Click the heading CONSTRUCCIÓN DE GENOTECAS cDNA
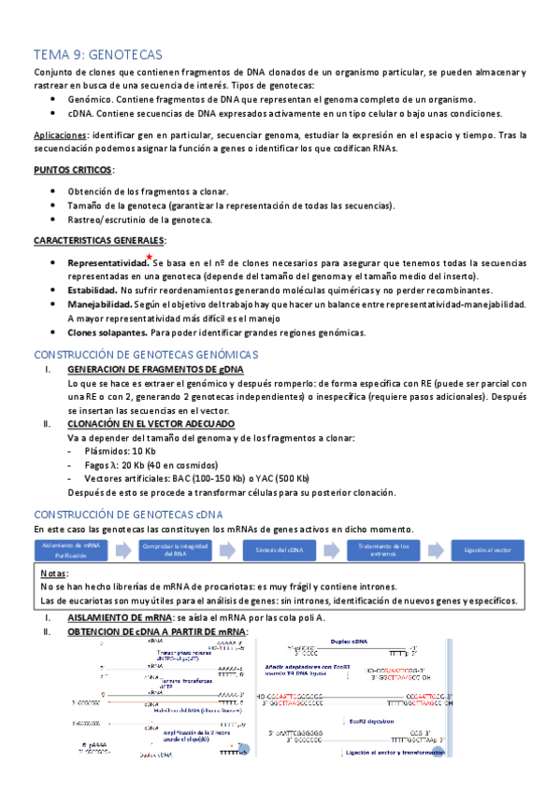[127, 515]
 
